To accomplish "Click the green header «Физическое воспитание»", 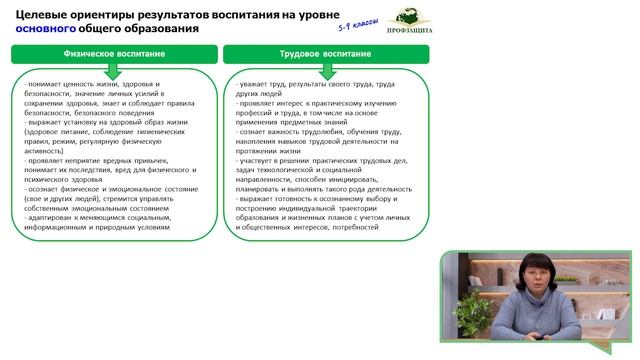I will [x=112, y=53].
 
